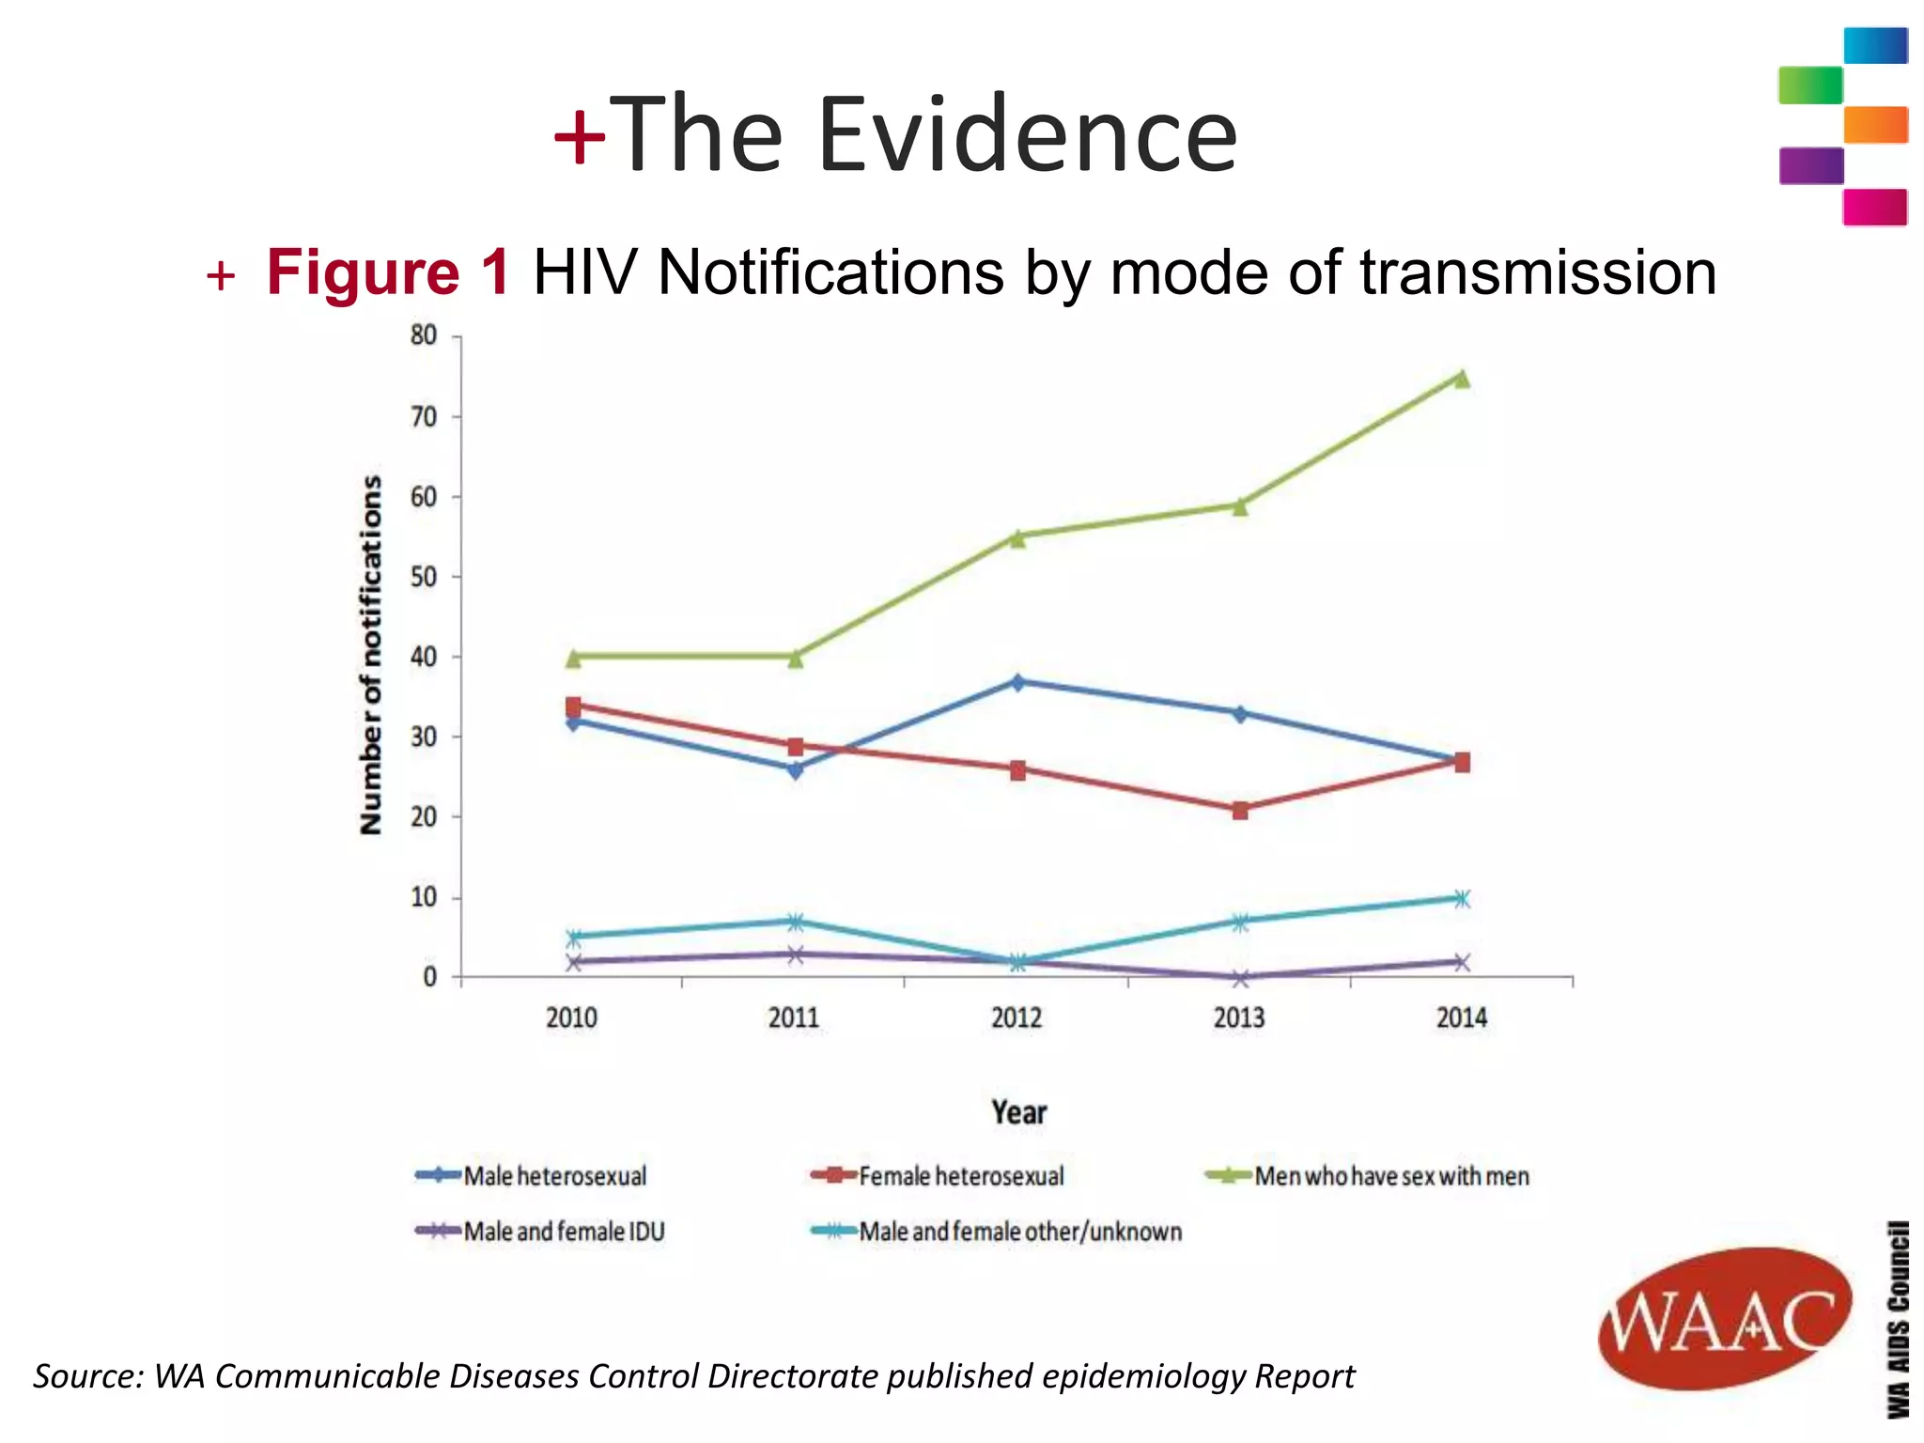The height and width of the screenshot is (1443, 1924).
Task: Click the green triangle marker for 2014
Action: (1462, 379)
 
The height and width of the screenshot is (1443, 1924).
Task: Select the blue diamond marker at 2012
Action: (1017, 682)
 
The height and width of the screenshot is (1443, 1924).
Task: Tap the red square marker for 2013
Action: (1240, 810)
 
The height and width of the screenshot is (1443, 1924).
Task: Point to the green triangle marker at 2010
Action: (573, 659)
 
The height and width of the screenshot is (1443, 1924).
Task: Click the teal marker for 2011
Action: (795, 921)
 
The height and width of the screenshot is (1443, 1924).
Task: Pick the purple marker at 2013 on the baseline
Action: (1240, 978)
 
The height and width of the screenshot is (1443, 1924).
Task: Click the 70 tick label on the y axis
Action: (424, 417)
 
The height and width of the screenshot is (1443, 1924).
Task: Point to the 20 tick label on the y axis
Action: (424, 817)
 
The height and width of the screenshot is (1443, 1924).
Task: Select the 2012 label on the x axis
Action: (1016, 1017)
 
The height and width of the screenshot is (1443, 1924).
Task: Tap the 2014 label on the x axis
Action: (1462, 1017)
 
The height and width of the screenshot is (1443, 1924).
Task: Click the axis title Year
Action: (1018, 1112)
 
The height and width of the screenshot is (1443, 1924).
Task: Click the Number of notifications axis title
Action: (372, 655)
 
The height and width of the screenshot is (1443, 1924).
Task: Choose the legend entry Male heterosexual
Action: (554, 1176)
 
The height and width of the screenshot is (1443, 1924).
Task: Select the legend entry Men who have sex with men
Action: (1391, 1176)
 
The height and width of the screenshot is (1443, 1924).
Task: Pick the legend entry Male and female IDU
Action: (564, 1232)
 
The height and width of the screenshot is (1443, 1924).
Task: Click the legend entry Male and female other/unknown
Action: (1020, 1232)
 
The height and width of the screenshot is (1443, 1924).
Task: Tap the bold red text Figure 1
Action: (388, 273)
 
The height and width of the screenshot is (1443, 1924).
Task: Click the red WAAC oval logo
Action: (1724, 1319)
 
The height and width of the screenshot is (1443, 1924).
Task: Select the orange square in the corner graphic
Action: (1875, 125)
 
